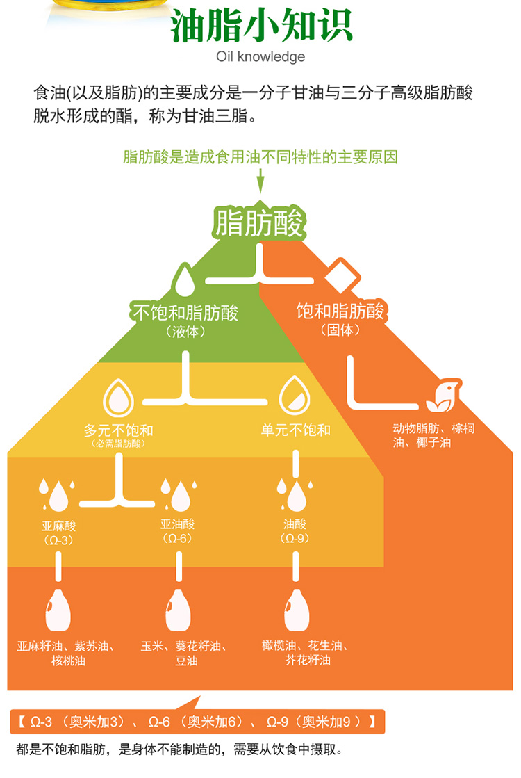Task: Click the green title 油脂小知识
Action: click(x=260, y=26)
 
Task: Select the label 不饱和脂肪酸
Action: click(x=185, y=312)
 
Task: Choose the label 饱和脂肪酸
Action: click(x=340, y=311)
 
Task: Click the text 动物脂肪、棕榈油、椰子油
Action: click(x=433, y=435)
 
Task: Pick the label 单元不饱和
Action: click(x=296, y=430)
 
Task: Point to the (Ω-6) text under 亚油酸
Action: click(x=177, y=538)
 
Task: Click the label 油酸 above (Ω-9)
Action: click(x=295, y=524)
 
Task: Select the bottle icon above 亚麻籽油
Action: click(x=57, y=610)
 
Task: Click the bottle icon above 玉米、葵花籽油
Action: click(x=178, y=610)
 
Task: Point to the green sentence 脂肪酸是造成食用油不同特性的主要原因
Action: click(x=260, y=157)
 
